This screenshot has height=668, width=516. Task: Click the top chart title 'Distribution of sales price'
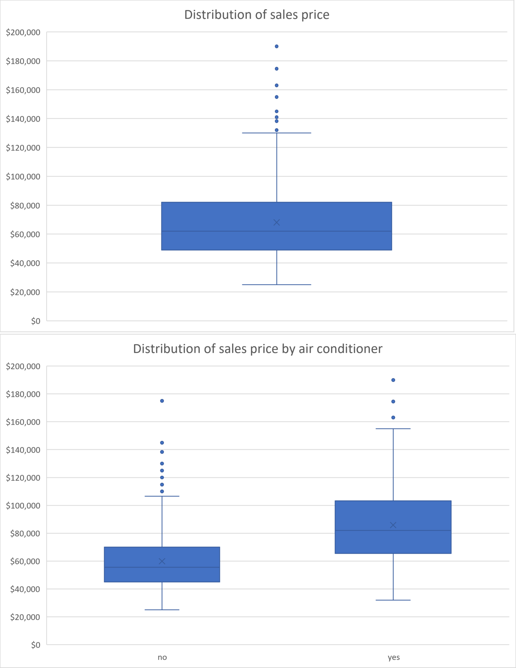click(257, 15)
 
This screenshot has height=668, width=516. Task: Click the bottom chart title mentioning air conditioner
click(258, 349)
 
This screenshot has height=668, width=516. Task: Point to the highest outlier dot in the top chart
click(276, 46)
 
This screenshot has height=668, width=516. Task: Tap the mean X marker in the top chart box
click(276, 222)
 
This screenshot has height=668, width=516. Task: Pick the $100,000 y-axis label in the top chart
click(23, 176)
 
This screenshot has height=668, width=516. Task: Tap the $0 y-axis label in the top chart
click(36, 321)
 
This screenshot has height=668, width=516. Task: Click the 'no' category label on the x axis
click(162, 657)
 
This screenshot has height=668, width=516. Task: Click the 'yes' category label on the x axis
click(394, 657)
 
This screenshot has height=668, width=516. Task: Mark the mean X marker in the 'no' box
click(162, 561)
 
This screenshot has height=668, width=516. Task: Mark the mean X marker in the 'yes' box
click(393, 525)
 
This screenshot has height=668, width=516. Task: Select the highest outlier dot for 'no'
click(162, 401)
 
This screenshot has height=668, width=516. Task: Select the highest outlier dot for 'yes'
click(393, 380)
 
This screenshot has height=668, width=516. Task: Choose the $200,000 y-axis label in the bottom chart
click(23, 366)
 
